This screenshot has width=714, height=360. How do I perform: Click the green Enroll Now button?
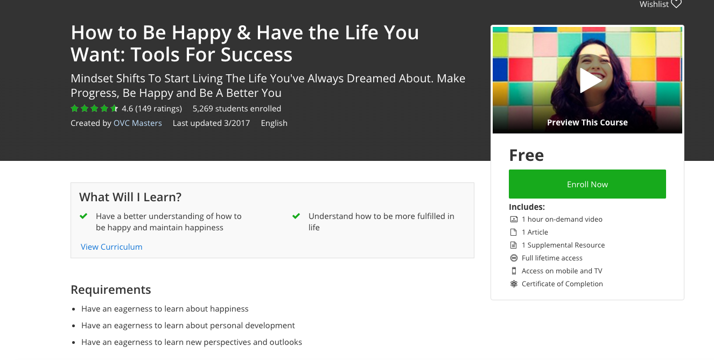click(x=587, y=184)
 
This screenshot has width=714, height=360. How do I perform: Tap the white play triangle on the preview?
click(x=590, y=80)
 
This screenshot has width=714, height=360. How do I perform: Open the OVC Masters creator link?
click(x=138, y=123)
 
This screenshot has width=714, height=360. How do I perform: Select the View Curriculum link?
click(x=111, y=246)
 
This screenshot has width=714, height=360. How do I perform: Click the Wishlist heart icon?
click(x=676, y=4)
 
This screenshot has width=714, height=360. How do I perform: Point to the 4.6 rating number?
click(x=127, y=108)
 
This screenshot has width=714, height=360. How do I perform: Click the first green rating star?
click(x=75, y=108)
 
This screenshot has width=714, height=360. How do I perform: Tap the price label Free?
click(x=526, y=155)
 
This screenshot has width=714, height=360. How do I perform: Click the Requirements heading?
click(x=110, y=290)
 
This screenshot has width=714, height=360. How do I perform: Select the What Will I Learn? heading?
click(x=130, y=197)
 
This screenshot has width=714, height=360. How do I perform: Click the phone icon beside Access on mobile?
click(x=514, y=271)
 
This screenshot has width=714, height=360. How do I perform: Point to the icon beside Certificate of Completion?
click(x=514, y=284)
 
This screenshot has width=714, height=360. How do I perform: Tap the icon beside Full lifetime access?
click(x=514, y=258)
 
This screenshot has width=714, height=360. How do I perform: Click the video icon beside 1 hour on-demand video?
click(x=514, y=219)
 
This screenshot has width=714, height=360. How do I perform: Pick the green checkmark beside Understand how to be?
click(x=296, y=216)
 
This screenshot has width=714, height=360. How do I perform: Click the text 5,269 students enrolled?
click(x=237, y=108)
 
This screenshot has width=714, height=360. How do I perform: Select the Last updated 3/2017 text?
click(x=211, y=123)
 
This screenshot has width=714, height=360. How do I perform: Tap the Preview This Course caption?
click(x=587, y=122)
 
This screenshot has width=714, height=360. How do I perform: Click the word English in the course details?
click(x=274, y=123)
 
